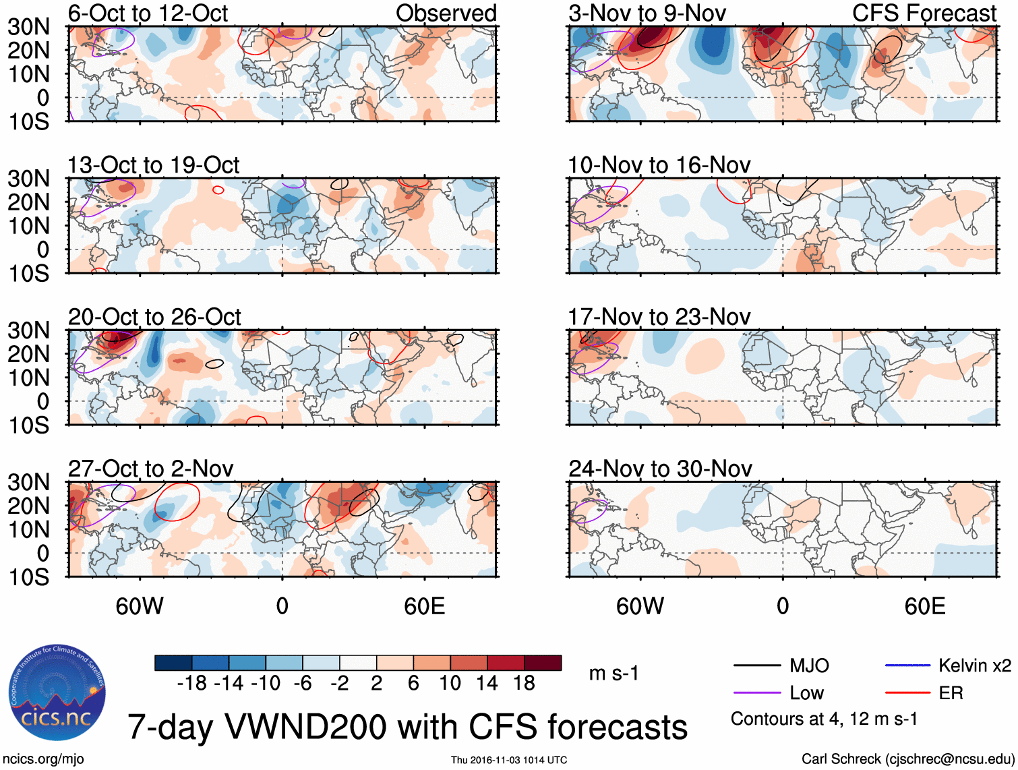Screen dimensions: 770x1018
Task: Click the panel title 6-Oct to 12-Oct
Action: [x=148, y=13]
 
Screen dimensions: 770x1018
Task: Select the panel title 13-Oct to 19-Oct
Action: [x=153, y=165]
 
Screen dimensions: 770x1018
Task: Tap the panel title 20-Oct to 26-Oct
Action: [x=154, y=317]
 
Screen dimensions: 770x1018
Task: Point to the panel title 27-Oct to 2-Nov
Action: [x=150, y=469]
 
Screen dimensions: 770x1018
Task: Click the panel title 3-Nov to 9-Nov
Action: [x=647, y=13]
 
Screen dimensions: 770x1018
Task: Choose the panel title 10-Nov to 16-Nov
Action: [x=659, y=165]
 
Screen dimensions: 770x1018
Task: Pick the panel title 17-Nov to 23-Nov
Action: [x=659, y=317]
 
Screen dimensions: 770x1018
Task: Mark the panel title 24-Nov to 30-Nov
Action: [x=660, y=469]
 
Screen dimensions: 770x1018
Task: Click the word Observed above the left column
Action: [x=446, y=13]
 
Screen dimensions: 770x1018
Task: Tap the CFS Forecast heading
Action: [x=924, y=13]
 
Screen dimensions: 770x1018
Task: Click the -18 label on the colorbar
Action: [x=192, y=684]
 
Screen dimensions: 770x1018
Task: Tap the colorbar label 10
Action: [x=450, y=684]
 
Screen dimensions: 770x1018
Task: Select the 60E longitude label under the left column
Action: [x=424, y=606]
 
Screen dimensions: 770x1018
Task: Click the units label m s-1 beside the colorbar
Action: [x=613, y=674]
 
